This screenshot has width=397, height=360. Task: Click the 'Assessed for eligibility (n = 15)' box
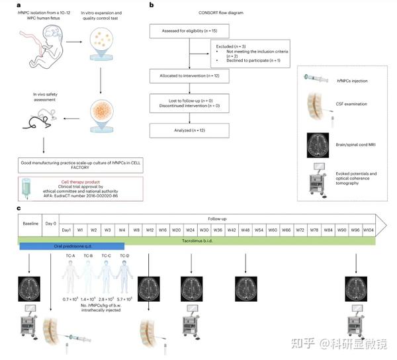[190, 31]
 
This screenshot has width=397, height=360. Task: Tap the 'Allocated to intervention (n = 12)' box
[190, 77]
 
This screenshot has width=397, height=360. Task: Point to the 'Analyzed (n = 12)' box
[190, 130]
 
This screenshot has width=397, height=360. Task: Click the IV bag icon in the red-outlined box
[26, 189]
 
